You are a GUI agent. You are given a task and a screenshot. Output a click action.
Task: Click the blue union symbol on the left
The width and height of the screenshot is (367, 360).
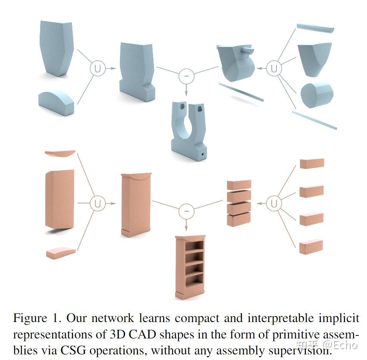pos(97,68)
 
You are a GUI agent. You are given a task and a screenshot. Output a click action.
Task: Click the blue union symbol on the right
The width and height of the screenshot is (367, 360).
pos(273,68)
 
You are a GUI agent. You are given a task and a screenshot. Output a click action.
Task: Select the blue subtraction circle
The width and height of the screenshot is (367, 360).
pos(186,76)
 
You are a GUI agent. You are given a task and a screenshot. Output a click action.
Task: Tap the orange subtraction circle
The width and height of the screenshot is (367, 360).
pos(186,211)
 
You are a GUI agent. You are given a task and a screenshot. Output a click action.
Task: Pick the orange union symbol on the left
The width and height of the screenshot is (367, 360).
pos(97,203)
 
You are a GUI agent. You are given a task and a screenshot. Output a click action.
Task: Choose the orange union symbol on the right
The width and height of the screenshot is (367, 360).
pos(273,203)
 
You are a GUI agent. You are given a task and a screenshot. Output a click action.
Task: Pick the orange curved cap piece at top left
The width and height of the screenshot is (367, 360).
pos(60,154)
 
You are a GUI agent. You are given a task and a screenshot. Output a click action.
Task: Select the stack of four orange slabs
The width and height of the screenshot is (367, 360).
pos(239,203)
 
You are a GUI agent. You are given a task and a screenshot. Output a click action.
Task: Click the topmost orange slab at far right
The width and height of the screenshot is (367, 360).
pos(311,163)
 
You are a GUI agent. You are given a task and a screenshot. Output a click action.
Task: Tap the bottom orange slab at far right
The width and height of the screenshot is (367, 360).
pos(311,247)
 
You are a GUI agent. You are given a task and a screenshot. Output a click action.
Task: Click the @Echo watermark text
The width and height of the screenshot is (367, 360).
pos(340,345)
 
